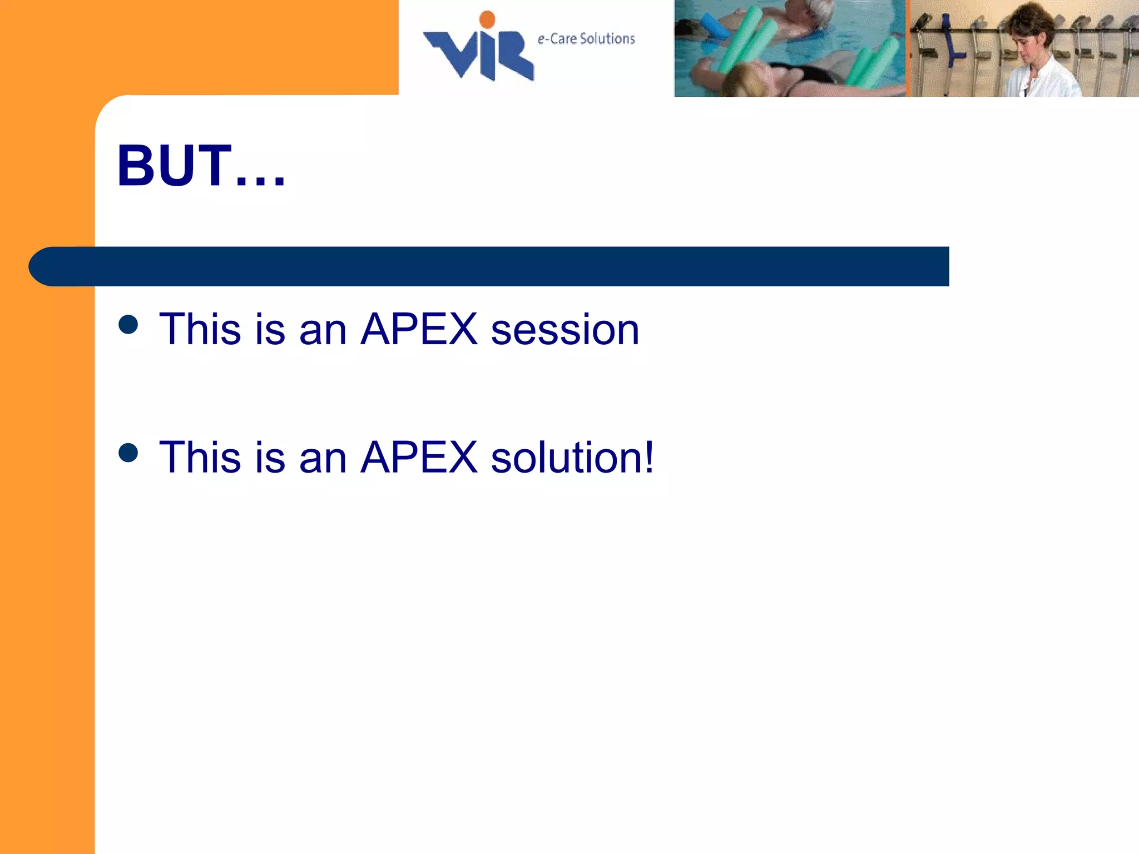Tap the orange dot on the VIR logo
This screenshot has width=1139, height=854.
tap(487, 19)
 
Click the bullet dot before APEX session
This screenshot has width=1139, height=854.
tap(128, 325)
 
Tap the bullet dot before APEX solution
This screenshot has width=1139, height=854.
tap(128, 453)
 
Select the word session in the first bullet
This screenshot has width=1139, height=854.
tap(565, 330)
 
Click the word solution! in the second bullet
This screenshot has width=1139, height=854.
tap(572, 458)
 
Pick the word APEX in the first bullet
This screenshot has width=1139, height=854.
tap(419, 330)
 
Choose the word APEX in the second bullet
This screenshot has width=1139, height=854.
tap(419, 458)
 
